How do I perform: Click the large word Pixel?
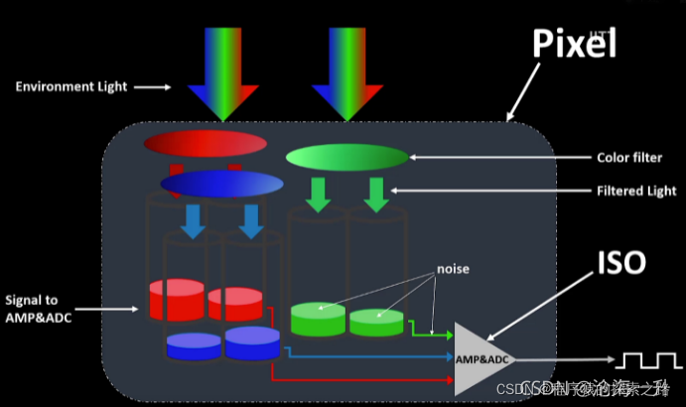pyautogui.click(x=574, y=44)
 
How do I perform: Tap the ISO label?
pyautogui.click(x=623, y=262)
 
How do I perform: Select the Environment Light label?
pyautogui.click(x=71, y=86)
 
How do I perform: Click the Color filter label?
pyautogui.click(x=629, y=157)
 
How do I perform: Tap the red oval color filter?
pyautogui.click(x=206, y=144)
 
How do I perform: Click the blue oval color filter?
pyautogui.click(x=222, y=184)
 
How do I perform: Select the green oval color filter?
pyautogui.click(x=346, y=157)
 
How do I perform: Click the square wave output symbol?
pyautogui.click(x=645, y=359)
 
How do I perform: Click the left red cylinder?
pyautogui.click(x=176, y=299)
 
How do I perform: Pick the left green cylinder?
pyautogui.click(x=318, y=319)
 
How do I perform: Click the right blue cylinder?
pyautogui.click(x=252, y=342)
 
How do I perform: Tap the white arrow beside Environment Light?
pyautogui.click(x=153, y=87)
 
